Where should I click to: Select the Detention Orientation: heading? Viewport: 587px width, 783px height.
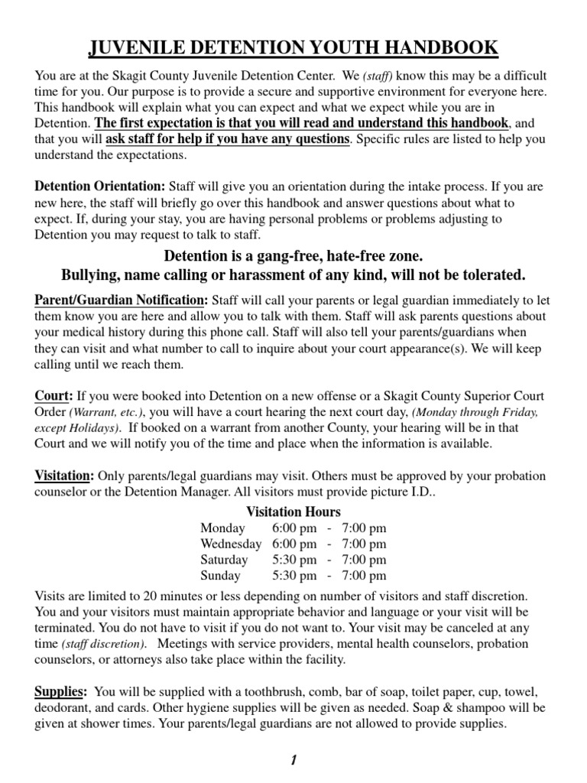tap(99, 186)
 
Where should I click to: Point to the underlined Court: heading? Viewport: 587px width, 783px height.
tap(54, 396)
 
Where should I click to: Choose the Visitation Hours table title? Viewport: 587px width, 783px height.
tap(293, 512)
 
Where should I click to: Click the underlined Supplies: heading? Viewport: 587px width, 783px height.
tap(60, 691)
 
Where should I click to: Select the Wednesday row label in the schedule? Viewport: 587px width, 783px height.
tap(231, 544)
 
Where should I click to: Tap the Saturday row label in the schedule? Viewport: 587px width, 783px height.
tap(224, 560)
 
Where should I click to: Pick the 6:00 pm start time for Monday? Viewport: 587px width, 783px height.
tap(293, 528)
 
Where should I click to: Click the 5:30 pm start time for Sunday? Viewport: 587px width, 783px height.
tap(293, 575)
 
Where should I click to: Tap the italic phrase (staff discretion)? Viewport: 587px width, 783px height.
tap(104, 644)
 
